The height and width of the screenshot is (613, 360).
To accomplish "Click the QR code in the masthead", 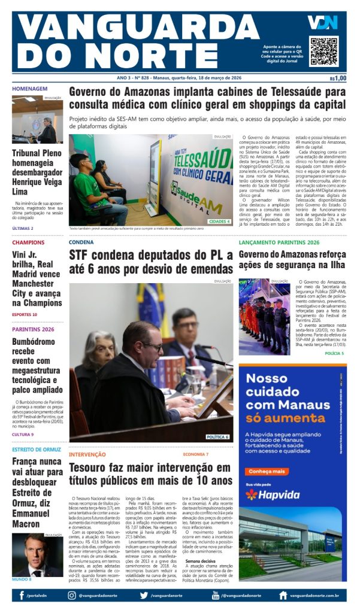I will [323, 50].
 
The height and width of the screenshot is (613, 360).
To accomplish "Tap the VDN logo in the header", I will [322, 23].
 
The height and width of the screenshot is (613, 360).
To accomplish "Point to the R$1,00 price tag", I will [338, 78].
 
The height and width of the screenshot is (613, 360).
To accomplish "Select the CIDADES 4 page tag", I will [219, 221].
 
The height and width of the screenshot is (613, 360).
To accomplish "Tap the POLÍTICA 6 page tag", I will [217, 437].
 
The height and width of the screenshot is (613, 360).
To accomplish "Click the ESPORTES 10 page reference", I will [25, 314].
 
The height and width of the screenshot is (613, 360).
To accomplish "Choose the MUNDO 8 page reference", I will [22, 579].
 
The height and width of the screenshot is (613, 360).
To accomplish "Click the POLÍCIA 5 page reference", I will [334, 354].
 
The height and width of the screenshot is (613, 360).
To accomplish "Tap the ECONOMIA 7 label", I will [196, 454].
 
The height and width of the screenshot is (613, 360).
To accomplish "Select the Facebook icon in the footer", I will [22, 596].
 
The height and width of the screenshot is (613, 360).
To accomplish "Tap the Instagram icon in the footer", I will [71, 596].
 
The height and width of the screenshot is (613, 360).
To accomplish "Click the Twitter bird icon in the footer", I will [144, 596].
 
